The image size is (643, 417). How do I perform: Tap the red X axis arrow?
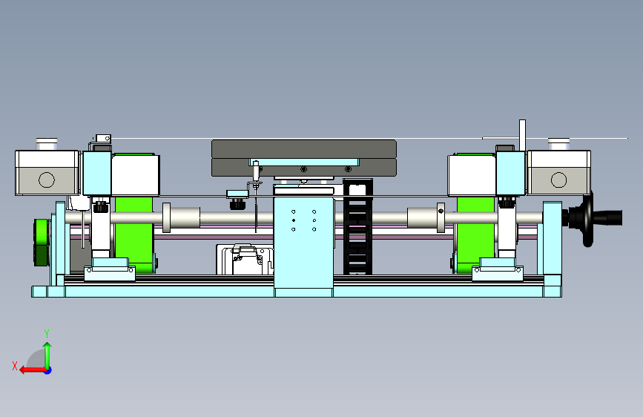(33, 370)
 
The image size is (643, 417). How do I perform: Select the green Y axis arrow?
(47, 355)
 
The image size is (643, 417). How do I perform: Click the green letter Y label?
(47, 333)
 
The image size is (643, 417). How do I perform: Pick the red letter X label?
(15, 366)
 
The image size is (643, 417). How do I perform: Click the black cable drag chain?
(357, 226)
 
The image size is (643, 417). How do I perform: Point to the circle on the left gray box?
(46, 180)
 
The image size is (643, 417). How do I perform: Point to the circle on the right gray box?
(558, 180)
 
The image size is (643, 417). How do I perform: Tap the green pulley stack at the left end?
(41, 242)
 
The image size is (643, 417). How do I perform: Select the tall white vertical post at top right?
(522, 136)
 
